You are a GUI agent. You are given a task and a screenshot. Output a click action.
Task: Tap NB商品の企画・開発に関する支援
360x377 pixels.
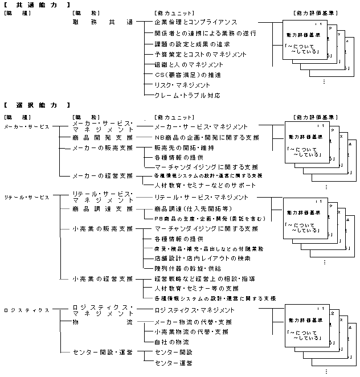tap(207, 137)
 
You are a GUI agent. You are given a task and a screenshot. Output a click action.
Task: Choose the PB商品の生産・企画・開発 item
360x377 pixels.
tap(209, 218)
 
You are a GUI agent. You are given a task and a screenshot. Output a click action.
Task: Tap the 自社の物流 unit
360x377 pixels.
tap(171, 342)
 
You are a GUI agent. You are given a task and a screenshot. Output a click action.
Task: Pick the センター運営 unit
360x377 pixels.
tap(173, 363)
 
